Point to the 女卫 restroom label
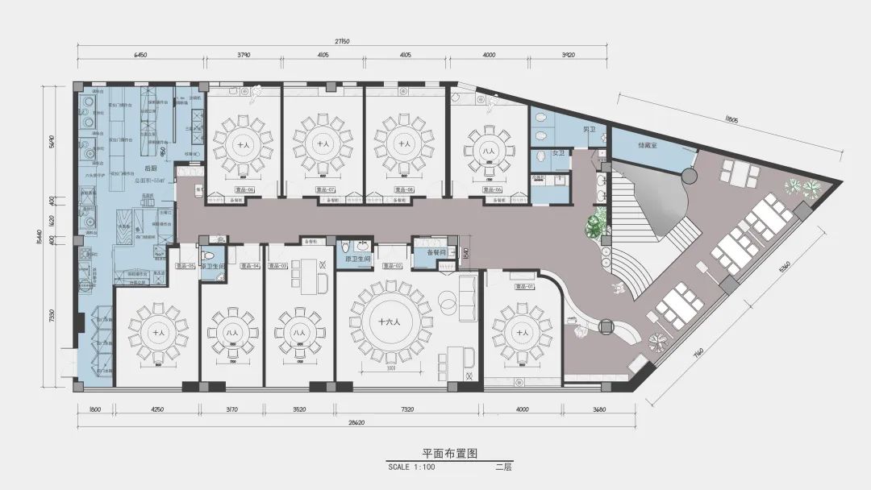pyautogui.click(x=558, y=153)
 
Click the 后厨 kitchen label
pyautogui.click(x=150, y=168)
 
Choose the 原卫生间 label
pyautogui.click(x=357, y=258)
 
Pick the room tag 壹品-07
pyautogui.click(x=323, y=190)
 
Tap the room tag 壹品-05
pyautogui.click(x=186, y=265)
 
